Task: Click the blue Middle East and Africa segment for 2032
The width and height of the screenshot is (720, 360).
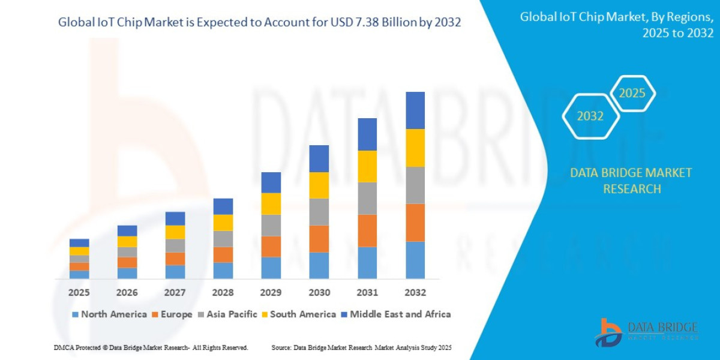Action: (415, 110)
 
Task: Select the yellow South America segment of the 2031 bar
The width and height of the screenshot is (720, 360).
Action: (367, 166)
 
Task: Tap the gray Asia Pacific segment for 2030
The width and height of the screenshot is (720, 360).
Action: (319, 212)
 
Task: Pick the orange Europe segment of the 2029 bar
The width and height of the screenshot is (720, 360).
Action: (271, 247)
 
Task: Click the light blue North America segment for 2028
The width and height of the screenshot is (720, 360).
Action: (223, 271)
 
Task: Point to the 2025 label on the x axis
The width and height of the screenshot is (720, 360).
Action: (79, 293)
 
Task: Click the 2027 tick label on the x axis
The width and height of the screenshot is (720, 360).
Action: (175, 293)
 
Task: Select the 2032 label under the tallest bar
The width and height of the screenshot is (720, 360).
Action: (415, 293)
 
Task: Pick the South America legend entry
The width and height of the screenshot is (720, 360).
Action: (298, 314)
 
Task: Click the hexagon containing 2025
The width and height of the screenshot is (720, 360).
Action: (632, 93)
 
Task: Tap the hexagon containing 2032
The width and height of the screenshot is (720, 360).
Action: (590, 116)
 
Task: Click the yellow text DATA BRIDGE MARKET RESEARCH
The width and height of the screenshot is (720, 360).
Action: (631, 181)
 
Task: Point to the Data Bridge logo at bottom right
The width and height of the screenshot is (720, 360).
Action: (647, 332)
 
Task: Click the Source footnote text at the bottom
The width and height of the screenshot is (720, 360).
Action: (361, 347)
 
